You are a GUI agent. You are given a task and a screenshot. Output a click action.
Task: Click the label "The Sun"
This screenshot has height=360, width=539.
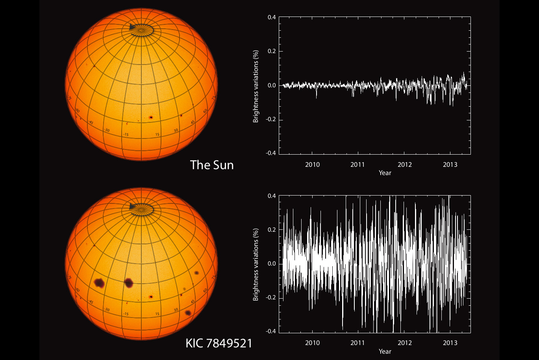(212, 164)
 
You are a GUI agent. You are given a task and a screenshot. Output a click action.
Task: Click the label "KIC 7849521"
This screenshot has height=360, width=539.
(219, 343)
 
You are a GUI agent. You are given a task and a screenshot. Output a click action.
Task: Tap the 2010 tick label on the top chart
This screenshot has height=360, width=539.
(312, 164)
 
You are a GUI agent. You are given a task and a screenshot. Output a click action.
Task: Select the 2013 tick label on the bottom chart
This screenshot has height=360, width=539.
(450, 343)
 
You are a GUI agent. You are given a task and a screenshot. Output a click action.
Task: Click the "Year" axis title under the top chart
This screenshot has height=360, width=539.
(385, 173)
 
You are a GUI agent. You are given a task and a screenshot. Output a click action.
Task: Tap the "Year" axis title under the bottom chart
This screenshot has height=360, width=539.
(385, 351)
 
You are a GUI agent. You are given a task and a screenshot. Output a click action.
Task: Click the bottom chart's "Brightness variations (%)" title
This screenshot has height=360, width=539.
(256, 264)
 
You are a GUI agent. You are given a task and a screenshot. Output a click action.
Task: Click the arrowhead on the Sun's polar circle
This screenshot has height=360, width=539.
(132, 27)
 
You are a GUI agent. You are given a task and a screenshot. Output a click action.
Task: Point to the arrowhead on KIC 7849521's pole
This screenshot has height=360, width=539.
(132, 205)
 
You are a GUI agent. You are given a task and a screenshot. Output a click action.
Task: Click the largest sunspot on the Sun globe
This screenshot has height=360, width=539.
(151, 117)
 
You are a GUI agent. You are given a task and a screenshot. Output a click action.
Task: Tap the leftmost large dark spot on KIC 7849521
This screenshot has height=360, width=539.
(99, 282)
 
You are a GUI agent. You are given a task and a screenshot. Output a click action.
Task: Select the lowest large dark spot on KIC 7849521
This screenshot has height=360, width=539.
(188, 313)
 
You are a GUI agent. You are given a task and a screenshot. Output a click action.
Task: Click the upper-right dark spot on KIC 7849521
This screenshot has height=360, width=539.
(197, 273)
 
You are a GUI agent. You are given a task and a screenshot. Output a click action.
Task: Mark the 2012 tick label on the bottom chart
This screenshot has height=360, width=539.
(404, 343)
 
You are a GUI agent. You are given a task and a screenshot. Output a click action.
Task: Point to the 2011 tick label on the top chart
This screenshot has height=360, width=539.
(358, 164)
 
